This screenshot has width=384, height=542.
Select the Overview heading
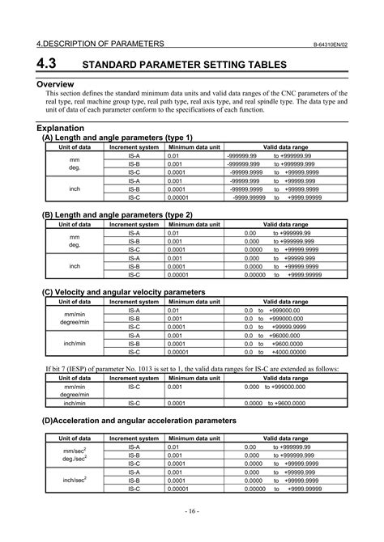click(55, 84)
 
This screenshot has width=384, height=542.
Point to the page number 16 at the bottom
click(191, 511)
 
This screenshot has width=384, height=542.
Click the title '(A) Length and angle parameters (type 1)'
click(117, 138)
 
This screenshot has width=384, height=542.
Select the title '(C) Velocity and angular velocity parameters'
click(123, 291)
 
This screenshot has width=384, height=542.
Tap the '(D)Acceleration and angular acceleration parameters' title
click(139, 421)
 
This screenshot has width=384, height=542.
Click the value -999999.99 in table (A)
click(243, 155)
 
